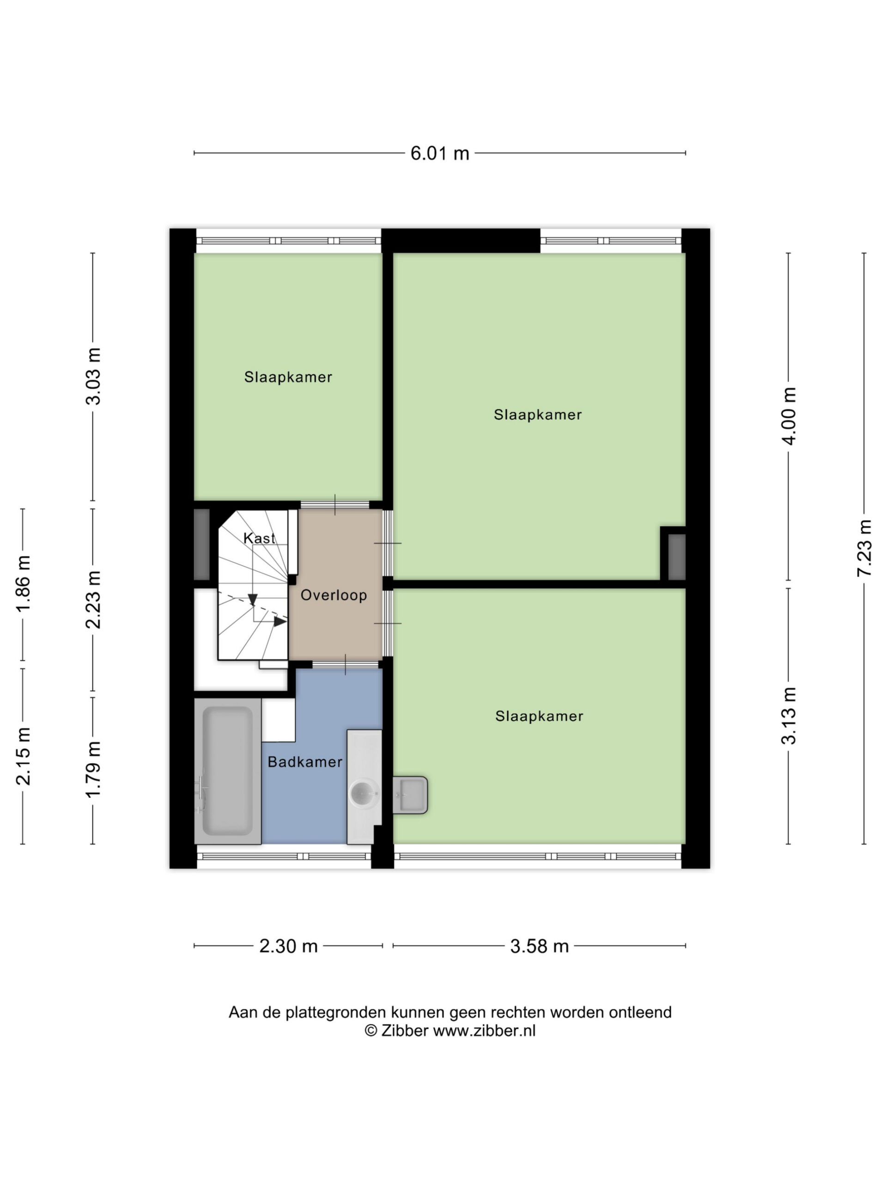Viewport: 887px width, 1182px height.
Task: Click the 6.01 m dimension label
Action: (x=439, y=153)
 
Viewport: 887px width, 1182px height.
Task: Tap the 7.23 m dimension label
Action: (x=864, y=548)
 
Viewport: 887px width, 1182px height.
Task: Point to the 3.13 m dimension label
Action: (x=789, y=716)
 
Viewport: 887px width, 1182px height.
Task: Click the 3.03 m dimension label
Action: (x=93, y=376)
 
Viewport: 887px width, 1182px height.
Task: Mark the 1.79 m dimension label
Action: (x=93, y=770)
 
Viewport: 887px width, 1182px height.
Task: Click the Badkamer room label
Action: (x=305, y=762)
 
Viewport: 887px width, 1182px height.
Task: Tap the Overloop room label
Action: (x=334, y=595)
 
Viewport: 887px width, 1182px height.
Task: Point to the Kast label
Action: (x=259, y=538)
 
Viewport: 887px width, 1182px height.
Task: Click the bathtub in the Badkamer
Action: (x=228, y=771)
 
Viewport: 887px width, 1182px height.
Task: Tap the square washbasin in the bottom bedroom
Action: (x=410, y=795)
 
